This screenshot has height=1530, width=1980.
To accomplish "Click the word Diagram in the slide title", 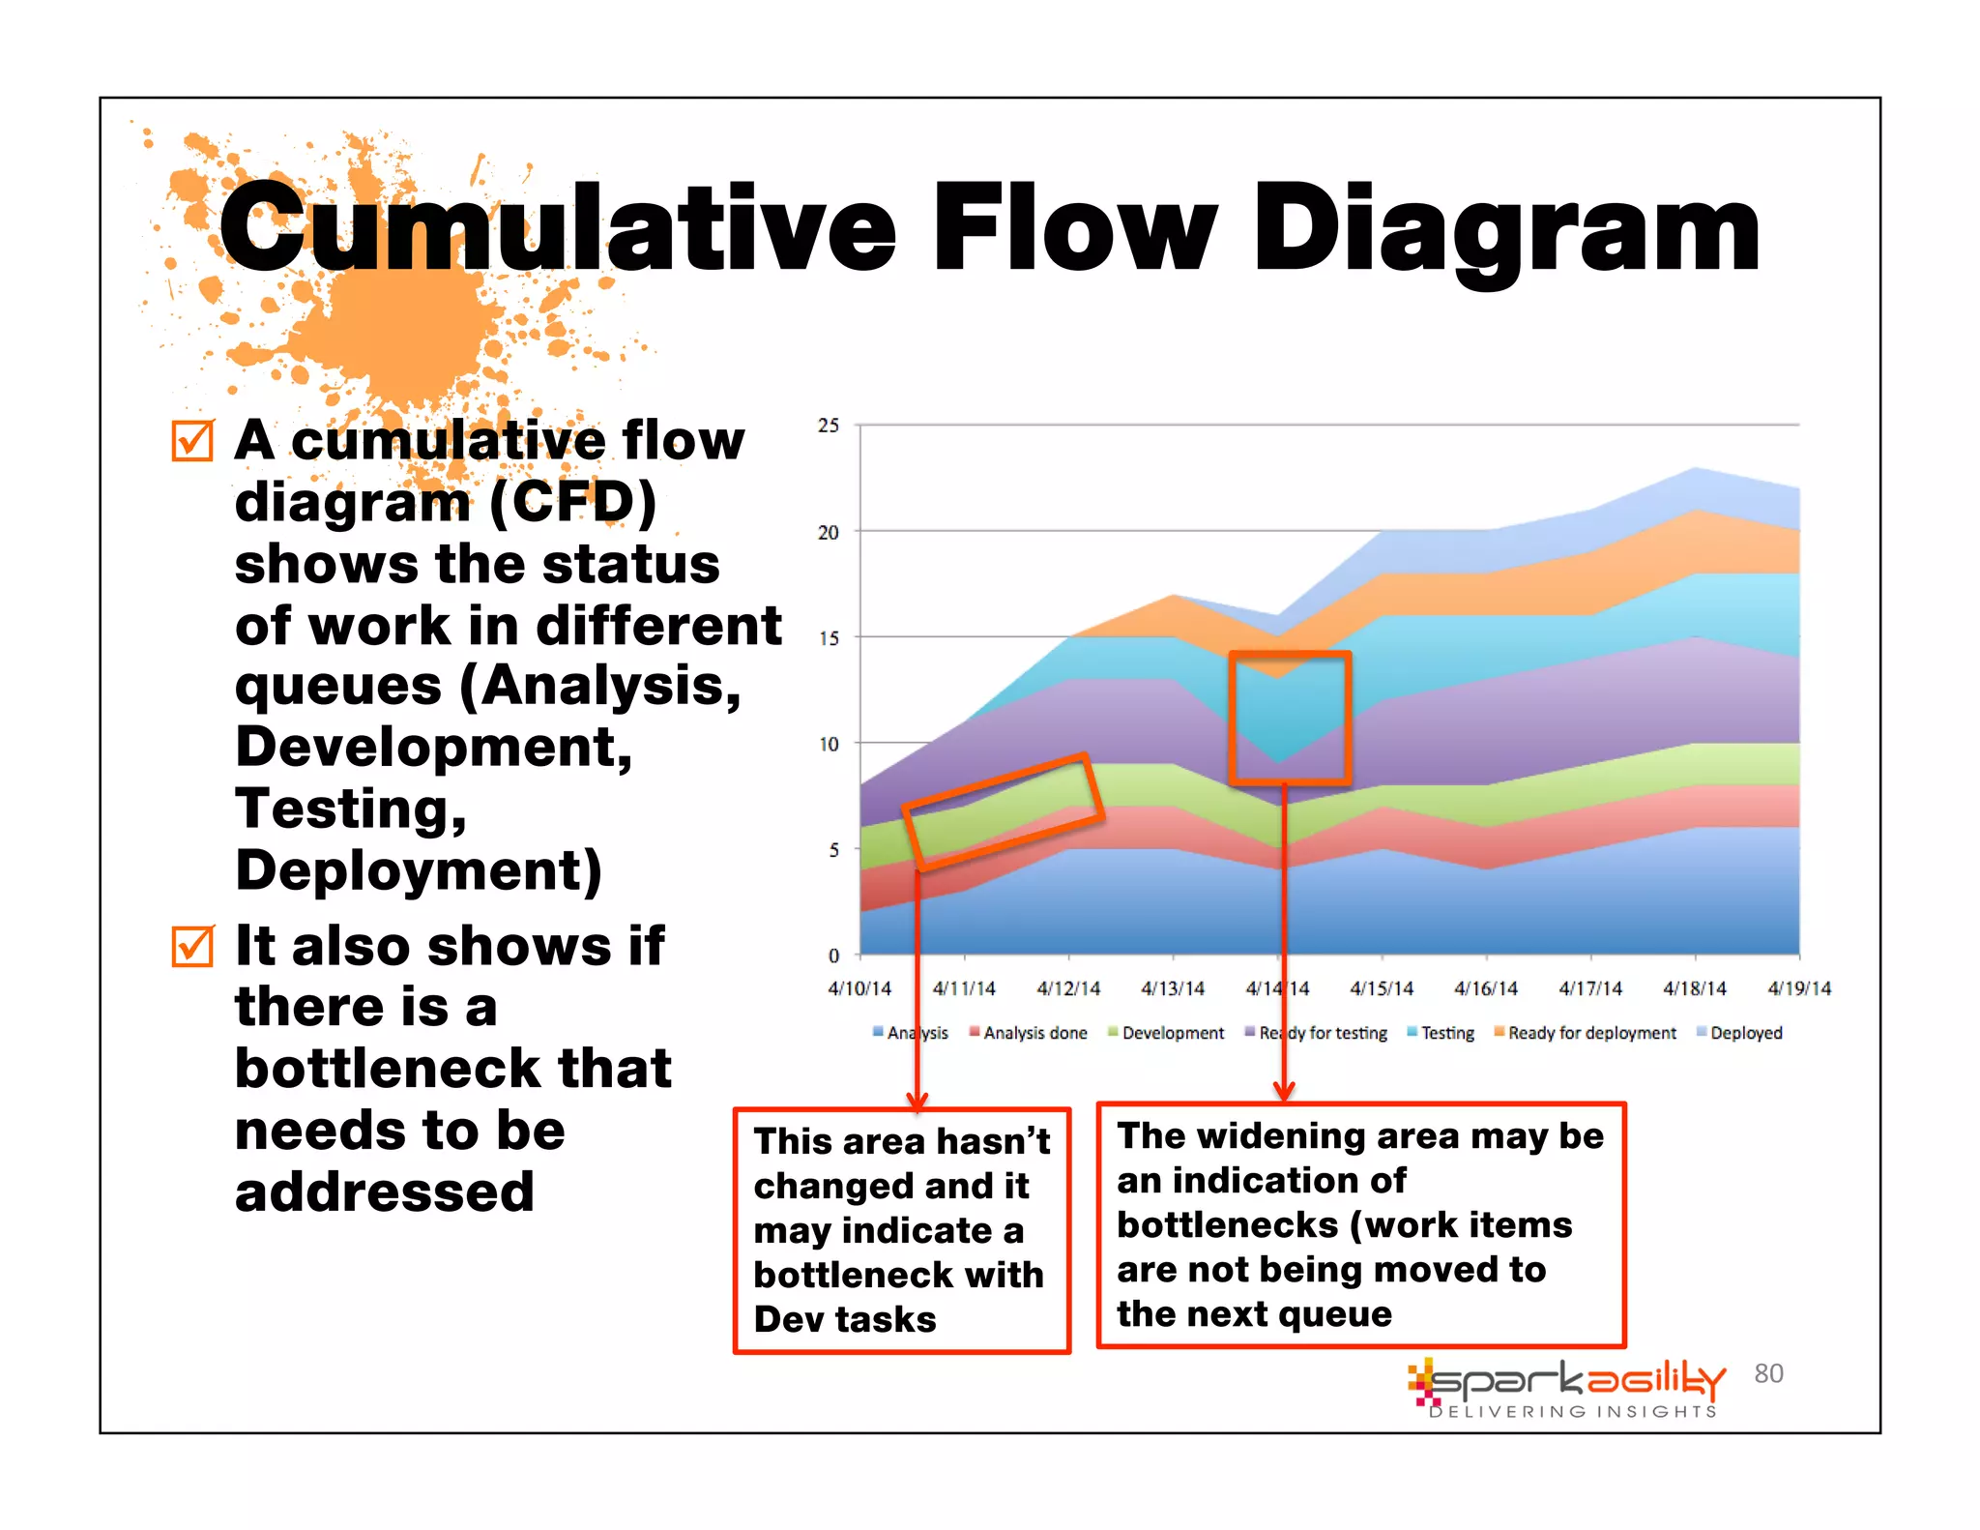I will coord(1506,232).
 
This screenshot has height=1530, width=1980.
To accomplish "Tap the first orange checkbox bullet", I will coord(192,441).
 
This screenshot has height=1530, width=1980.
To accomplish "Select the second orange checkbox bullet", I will coord(192,946).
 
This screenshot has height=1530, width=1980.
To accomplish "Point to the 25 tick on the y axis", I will coord(829,426).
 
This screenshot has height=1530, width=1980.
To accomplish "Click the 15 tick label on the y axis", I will coord(829,638).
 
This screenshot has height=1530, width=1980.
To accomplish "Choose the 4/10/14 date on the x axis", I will coord(859,988).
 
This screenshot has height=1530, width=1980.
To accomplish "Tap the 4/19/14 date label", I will coord(1798,988).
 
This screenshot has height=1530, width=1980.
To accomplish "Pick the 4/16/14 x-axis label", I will coord(1486,988).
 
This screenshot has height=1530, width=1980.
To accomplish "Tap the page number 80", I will coord(1768,1373).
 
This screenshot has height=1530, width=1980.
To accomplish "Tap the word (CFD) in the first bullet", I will coord(572,503).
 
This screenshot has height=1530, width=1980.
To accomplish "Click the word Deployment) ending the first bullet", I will coord(419,870).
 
